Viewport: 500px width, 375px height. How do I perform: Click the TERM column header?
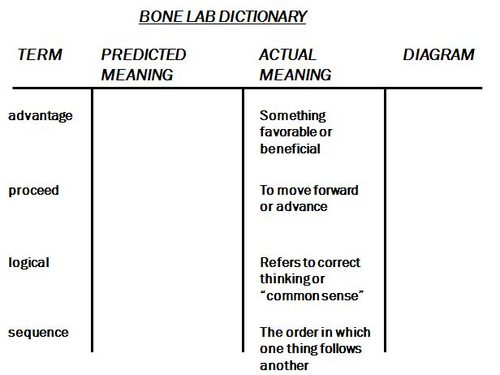[41, 55]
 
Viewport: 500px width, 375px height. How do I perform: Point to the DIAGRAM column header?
[438, 55]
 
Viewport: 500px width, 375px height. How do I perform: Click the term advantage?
[40, 116]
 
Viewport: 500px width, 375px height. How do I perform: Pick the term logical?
[29, 262]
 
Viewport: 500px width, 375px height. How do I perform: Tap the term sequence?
[37, 332]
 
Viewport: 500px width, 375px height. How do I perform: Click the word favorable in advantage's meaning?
[290, 132]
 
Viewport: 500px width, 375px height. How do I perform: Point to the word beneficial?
[291, 149]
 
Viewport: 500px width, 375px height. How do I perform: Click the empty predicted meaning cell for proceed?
[167, 197]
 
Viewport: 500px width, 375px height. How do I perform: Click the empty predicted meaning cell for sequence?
[167, 345]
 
